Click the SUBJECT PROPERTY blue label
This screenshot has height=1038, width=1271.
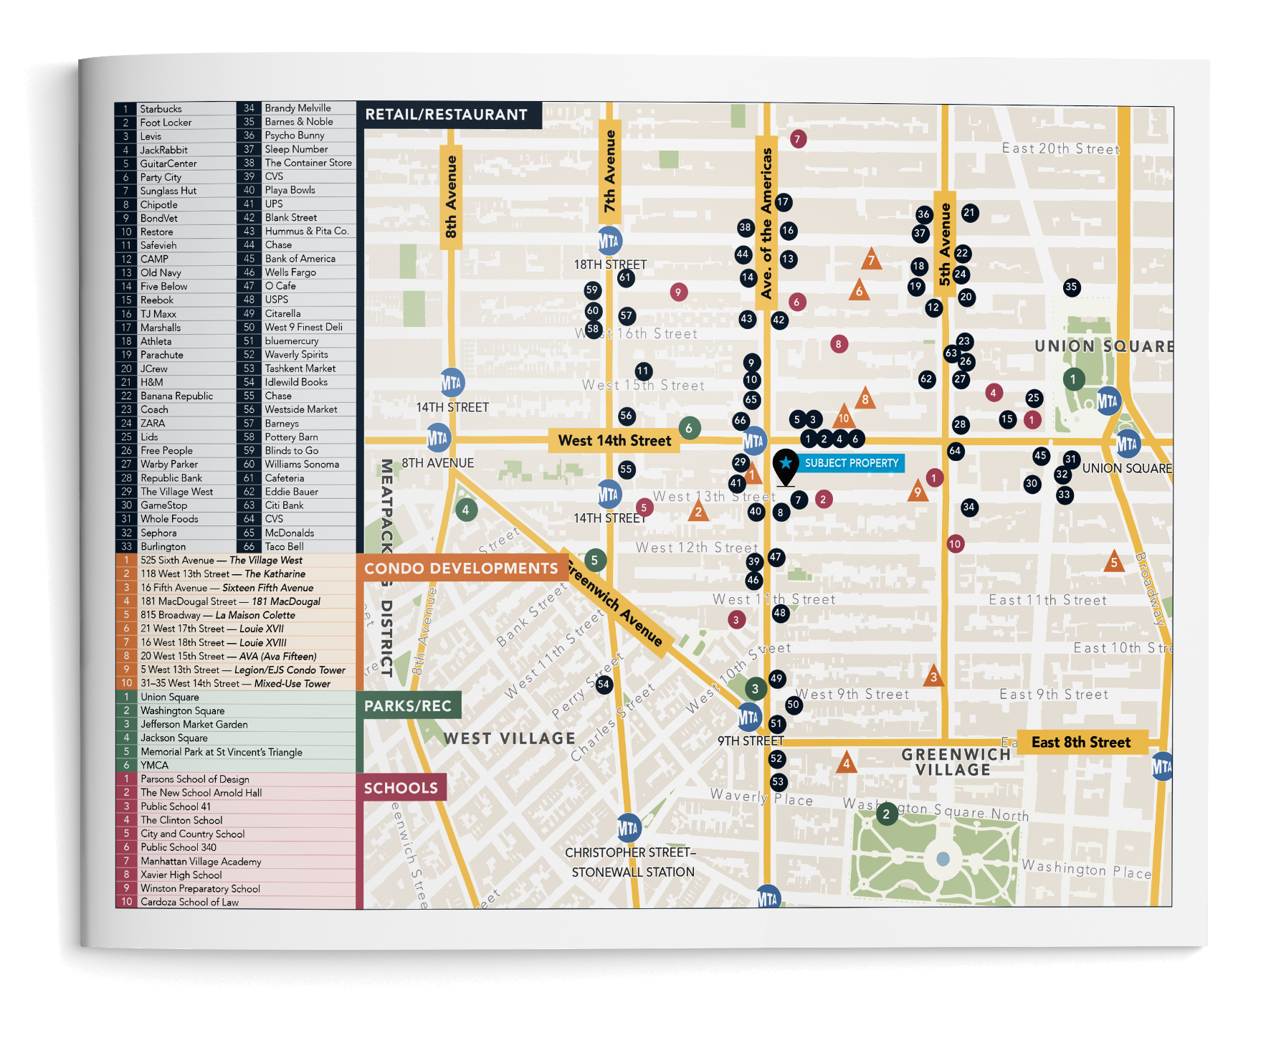(x=851, y=463)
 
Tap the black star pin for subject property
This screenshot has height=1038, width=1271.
(x=786, y=465)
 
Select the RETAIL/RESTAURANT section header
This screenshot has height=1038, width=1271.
(x=447, y=115)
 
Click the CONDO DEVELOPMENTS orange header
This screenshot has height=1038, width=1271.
(x=461, y=568)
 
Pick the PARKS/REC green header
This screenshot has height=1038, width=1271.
(x=408, y=706)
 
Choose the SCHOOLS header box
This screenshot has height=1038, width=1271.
(x=401, y=789)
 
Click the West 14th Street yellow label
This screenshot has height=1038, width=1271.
(x=614, y=441)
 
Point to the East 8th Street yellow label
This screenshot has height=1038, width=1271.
(x=1080, y=743)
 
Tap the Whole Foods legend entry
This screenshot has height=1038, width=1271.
(x=169, y=519)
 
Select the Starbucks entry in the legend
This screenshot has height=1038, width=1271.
(x=161, y=109)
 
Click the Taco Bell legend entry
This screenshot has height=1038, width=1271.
(x=284, y=546)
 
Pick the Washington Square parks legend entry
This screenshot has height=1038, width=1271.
(x=182, y=710)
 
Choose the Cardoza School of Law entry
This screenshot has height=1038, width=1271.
(x=189, y=902)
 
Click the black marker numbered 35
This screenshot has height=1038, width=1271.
(x=1071, y=287)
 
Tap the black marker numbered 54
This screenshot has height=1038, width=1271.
(x=604, y=684)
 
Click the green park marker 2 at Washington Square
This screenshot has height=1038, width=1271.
(x=887, y=814)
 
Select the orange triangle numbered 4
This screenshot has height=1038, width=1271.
(x=847, y=763)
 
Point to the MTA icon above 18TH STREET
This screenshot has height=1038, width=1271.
(x=609, y=242)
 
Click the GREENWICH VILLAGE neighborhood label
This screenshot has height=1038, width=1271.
(x=956, y=762)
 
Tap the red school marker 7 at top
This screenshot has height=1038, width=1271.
(x=798, y=139)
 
